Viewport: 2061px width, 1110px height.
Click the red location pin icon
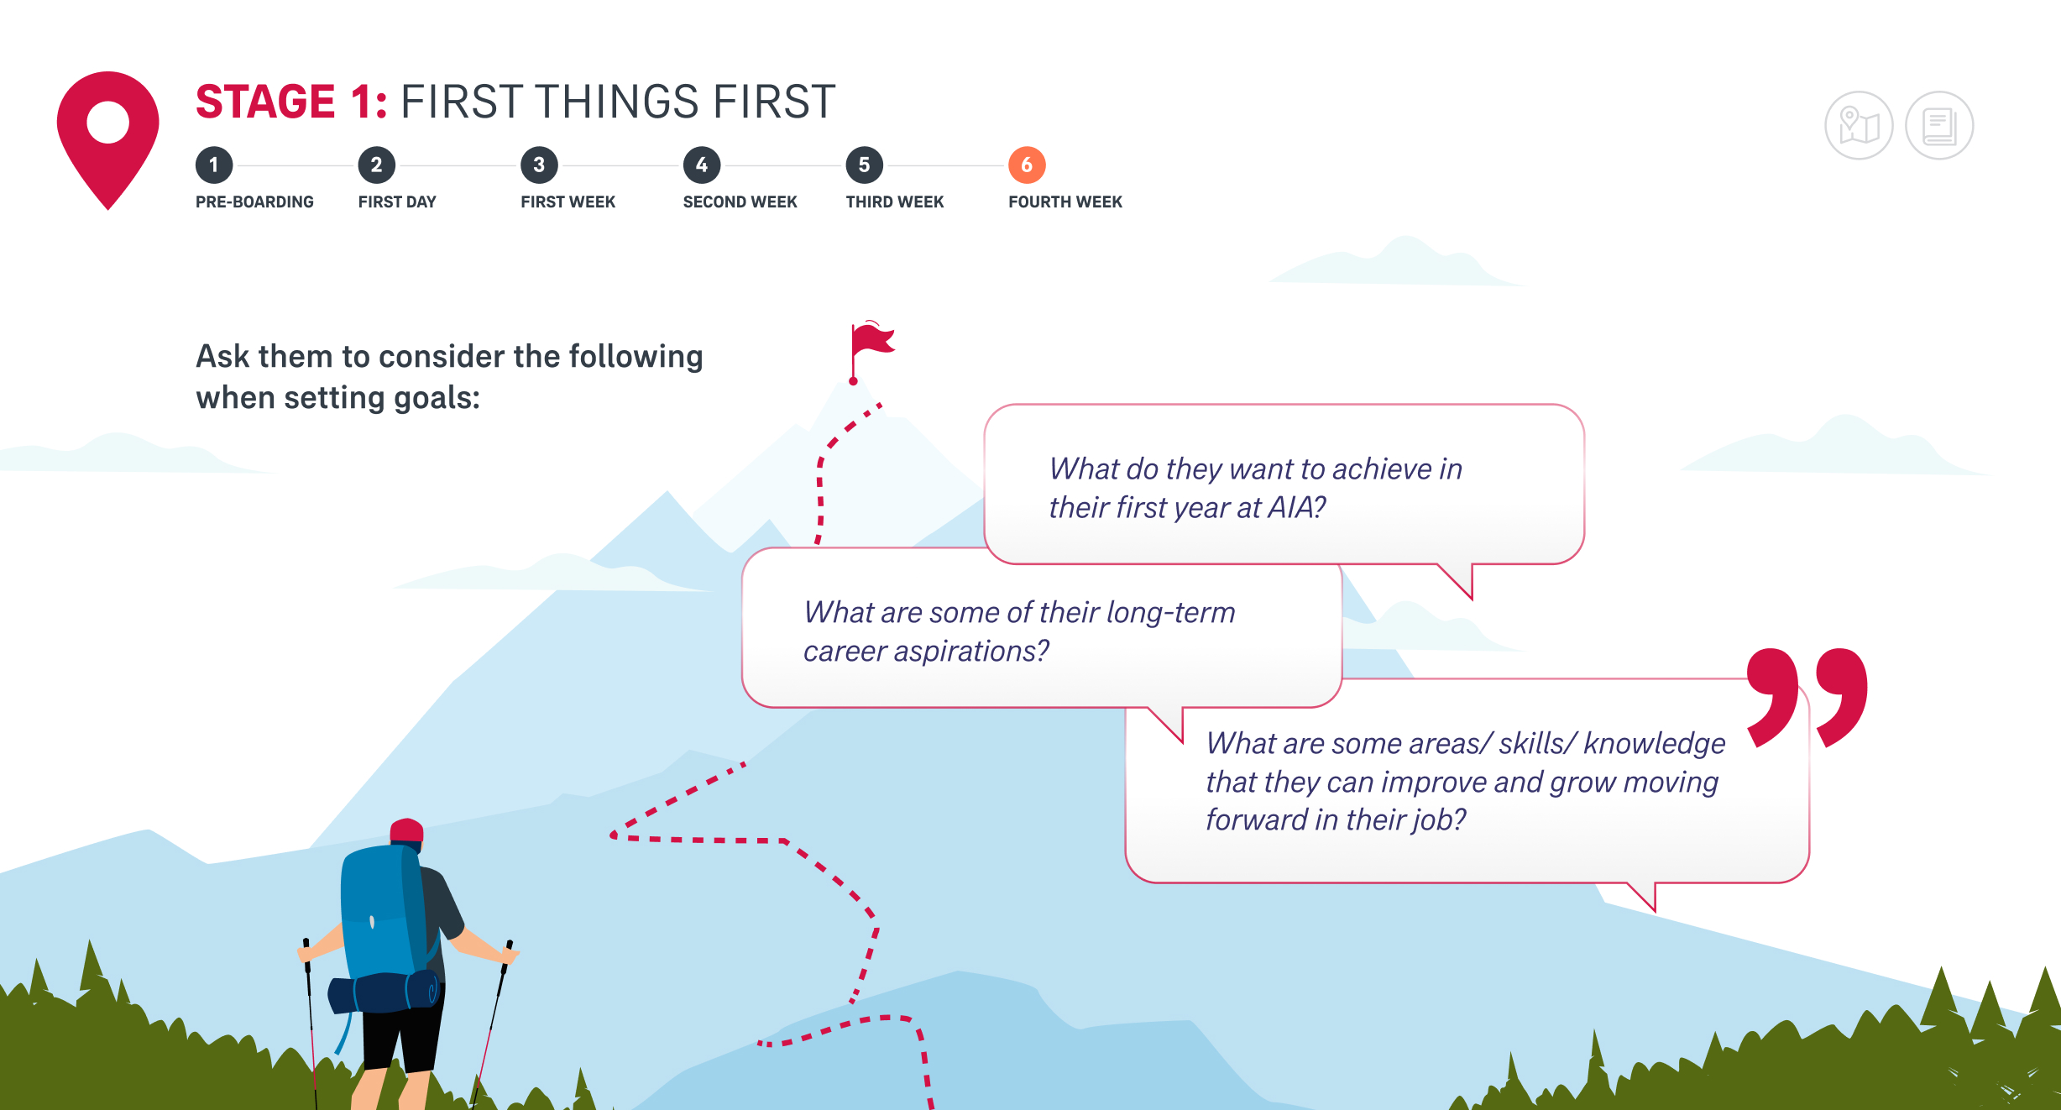107,134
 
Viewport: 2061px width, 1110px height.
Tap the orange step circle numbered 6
1027,165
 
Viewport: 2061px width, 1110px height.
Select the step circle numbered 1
214,165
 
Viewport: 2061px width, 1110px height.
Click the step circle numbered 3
539,165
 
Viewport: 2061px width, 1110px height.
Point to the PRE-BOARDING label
254,202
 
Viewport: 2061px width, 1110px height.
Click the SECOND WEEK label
740,202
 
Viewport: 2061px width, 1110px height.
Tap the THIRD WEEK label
895,202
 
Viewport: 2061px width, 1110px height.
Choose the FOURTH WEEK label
1065,202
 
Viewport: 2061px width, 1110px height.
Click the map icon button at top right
1859,126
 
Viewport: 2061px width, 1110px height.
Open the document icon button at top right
1939,126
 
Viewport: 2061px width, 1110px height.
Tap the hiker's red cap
407,830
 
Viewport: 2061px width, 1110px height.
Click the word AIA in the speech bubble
1296,507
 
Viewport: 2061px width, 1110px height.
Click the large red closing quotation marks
1807,697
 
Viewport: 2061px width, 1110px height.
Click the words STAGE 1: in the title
291,102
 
